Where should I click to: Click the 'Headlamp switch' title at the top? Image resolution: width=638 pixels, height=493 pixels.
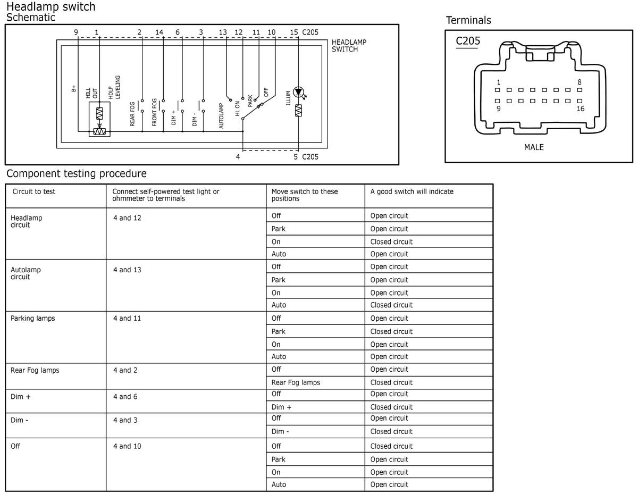click(x=51, y=7)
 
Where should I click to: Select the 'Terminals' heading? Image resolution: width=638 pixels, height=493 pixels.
click(x=468, y=21)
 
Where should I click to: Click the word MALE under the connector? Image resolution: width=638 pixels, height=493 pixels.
click(x=534, y=147)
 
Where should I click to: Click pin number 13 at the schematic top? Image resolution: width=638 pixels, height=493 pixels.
click(x=223, y=32)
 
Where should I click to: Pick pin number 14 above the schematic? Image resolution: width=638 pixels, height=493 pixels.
click(x=159, y=32)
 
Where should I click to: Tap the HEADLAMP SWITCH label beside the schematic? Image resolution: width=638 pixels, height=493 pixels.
click(x=349, y=46)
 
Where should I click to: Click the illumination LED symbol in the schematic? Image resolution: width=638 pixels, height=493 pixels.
click(x=298, y=92)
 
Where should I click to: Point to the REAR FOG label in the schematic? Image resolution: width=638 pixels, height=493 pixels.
click(x=133, y=113)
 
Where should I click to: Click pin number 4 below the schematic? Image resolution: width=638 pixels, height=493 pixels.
click(x=238, y=157)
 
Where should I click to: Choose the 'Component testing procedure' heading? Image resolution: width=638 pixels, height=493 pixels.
click(x=76, y=174)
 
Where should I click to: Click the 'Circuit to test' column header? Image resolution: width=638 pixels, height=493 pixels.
click(x=34, y=191)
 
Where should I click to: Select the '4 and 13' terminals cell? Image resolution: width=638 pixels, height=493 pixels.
click(x=127, y=270)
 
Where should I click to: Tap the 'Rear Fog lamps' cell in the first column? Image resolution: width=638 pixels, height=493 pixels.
click(x=35, y=370)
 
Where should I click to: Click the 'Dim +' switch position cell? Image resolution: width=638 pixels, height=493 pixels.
click(x=281, y=407)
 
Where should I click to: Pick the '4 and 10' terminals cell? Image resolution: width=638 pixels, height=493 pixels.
click(x=127, y=446)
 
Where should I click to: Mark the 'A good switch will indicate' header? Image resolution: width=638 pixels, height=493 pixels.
click(x=412, y=191)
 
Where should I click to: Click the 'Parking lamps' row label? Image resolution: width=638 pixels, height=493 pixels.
click(x=33, y=319)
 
